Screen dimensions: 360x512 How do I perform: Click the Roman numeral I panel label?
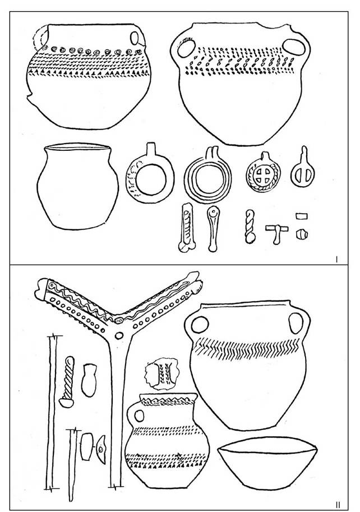click(x=336, y=260)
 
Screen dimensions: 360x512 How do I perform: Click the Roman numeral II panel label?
click(x=338, y=505)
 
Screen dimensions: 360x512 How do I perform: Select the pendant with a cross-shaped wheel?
click(x=264, y=172)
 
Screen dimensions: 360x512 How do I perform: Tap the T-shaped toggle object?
click(x=277, y=233)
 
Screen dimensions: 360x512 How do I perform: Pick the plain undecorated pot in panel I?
click(x=77, y=187)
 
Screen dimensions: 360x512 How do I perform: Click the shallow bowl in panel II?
click(x=267, y=463)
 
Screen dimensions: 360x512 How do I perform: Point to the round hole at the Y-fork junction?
click(x=119, y=335)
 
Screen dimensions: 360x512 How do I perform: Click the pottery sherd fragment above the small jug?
click(x=162, y=373)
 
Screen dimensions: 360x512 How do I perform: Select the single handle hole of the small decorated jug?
click(x=140, y=416)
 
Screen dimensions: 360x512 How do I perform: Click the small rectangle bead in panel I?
click(x=302, y=216)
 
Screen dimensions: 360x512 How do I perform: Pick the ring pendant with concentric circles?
click(x=208, y=176)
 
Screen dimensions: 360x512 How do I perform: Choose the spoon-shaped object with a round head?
click(x=213, y=229)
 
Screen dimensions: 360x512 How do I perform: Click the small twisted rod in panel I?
click(x=250, y=227)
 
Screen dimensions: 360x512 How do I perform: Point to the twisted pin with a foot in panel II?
click(x=67, y=382)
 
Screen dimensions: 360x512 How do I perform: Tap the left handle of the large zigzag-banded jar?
click(x=200, y=325)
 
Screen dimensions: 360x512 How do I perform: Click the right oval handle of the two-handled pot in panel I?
click(x=294, y=47)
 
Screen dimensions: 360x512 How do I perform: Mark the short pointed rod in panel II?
click(x=72, y=465)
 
